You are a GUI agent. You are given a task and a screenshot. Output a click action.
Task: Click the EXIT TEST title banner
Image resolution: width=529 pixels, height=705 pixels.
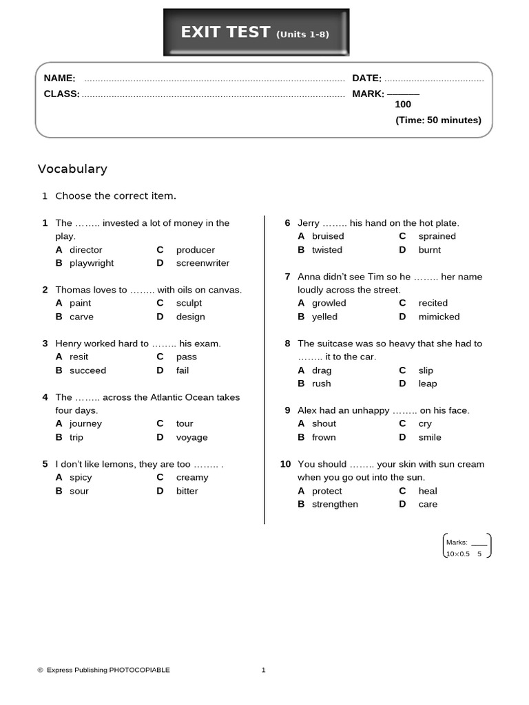coord(256,32)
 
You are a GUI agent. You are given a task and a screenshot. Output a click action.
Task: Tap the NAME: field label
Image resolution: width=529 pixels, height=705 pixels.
coord(60,78)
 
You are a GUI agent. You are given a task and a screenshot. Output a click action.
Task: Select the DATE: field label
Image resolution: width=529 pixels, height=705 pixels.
coord(366,78)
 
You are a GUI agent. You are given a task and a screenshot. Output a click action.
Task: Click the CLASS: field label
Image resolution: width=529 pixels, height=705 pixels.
coord(61,94)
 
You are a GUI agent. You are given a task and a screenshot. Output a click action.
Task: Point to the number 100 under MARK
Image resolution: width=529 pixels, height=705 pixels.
coord(403,105)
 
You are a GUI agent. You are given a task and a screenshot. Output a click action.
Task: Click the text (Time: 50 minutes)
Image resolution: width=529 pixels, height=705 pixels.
coord(438,120)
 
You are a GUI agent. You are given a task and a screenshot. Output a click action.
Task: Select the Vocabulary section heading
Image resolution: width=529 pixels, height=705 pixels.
coord(72,169)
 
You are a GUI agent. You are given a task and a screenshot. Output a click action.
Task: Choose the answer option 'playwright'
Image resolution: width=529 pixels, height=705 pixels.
coord(92,263)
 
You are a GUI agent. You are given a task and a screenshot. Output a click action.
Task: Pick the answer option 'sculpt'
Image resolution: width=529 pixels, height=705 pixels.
coord(189,303)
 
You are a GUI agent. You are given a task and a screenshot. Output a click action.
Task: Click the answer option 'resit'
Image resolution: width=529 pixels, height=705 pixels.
coord(79,357)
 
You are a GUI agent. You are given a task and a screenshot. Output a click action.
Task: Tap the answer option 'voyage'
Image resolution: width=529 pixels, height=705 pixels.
coord(191,437)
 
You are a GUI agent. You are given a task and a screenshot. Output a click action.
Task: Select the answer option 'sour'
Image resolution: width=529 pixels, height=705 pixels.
coord(79,491)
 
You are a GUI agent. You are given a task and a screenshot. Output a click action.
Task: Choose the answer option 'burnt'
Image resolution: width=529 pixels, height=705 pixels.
coord(429,250)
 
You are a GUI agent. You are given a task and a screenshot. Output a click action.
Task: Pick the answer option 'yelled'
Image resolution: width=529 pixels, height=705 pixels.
coord(324,317)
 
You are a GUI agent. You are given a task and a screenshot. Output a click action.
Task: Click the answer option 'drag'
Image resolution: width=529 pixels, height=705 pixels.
coord(322,370)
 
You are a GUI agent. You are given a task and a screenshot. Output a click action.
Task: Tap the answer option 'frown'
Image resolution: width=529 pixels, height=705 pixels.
coord(324,437)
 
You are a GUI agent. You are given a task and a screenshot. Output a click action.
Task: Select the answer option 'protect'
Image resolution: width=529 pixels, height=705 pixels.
coord(326,491)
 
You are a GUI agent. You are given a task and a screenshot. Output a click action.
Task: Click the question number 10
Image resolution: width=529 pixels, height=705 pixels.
coord(285,464)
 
